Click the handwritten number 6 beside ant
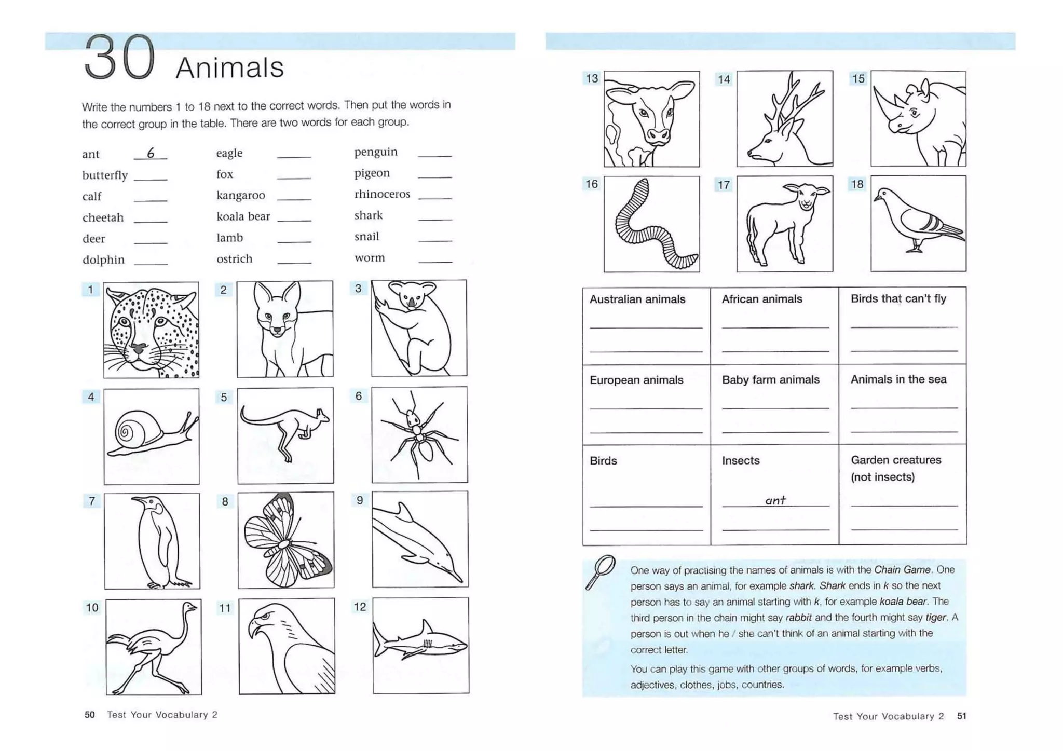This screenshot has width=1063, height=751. [x=151, y=153]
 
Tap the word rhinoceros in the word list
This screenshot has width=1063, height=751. [x=382, y=194]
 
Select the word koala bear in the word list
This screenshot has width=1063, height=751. [x=243, y=216]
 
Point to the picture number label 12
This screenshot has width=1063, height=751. [x=360, y=607]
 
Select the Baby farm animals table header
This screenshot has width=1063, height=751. [x=770, y=380]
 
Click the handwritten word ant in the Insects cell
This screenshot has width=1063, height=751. [x=775, y=500]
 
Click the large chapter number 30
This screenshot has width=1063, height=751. [x=119, y=58]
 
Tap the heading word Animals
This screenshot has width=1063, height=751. [x=230, y=68]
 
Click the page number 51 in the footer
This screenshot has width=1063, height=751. [x=961, y=716]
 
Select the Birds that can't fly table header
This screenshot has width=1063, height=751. [x=898, y=299]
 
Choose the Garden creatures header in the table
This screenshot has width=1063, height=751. [x=895, y=460]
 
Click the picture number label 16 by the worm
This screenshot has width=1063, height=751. [x=592, y=184]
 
